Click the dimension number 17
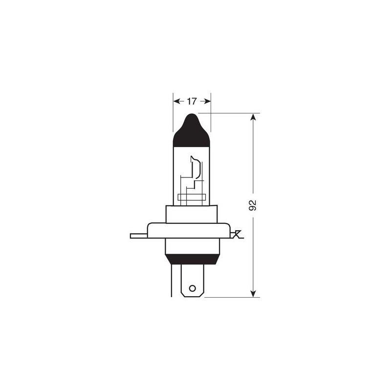pyautogui.click(x=192, y=101)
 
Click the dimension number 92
pyautogui.click(x=253, y=205)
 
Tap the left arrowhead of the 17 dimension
pyautogui.click(x=176, y=101)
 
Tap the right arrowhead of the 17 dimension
pyautogui.click(x=208, y=101)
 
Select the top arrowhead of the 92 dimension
pyautogui.click(x=253, y=118)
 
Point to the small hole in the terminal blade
pyautogui.click(x=192, y=287)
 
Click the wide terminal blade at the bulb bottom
pyautogui.click(x=192, y=281)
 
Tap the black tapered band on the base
pyautogui.click(x=192, y=260)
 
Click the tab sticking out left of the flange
pyautogui.click(x=138, y=236)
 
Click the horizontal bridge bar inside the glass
pyautogui.click(x=192, y=198)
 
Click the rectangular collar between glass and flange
pyautogui.click(x=192, y=214)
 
